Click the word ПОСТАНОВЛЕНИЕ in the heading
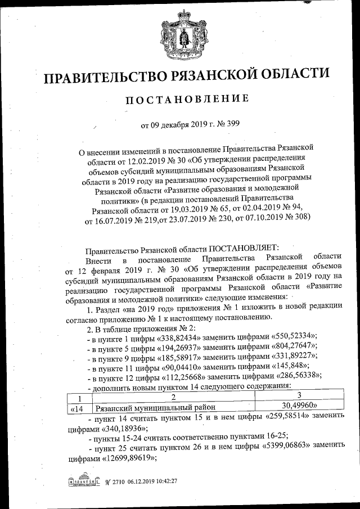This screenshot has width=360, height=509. click(x=186, y=100)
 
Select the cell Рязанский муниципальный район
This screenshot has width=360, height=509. click(x=156, y=406)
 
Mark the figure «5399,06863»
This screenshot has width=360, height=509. click(x=292, y=445)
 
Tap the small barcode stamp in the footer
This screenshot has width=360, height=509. click(x=85, y=482)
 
